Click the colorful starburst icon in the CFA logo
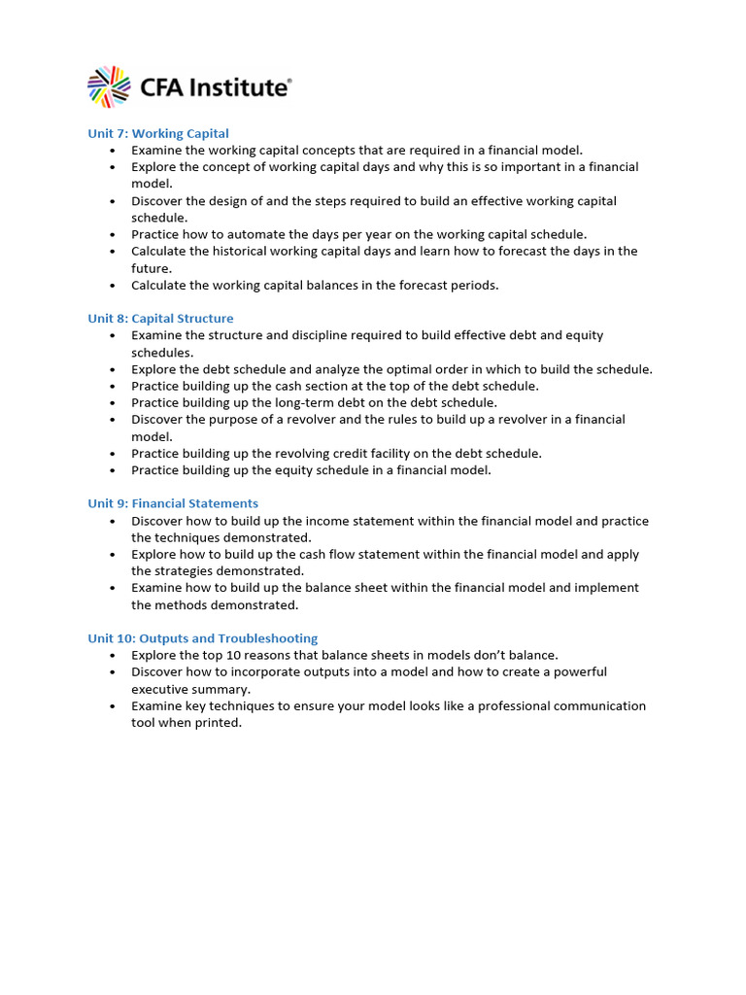(109, 86)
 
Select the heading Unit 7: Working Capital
(158, 133)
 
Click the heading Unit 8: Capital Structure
(160, 319)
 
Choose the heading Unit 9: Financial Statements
(173, 503)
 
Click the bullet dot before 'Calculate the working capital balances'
(113, 286)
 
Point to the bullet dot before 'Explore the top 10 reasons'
(113, 656)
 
